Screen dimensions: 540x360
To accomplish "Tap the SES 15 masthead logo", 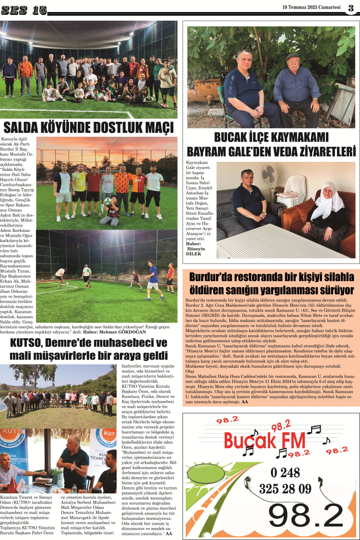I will (24, 9).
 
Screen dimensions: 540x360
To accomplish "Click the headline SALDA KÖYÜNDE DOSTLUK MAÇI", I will (88, 128).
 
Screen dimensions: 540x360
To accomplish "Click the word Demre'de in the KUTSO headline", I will (74, 343).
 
